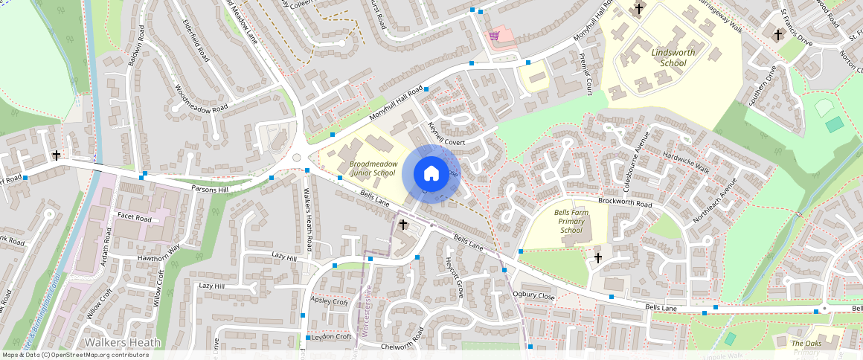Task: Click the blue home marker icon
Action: click(x=431, y=174)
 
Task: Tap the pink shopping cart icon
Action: click(x=493, y=36)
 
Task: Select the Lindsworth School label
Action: click(x=668, y=58)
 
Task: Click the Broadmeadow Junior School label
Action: click(x=373, y=168)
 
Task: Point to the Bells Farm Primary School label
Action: click(x=571, y=221)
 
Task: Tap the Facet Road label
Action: click(x=134, y=219)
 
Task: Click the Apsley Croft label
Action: click(x=330, y=302)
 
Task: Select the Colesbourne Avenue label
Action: click(x=630, y=158)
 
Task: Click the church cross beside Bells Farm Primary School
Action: click(x=597, y=258)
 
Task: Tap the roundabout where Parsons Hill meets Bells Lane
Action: click(x=297, y=157)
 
